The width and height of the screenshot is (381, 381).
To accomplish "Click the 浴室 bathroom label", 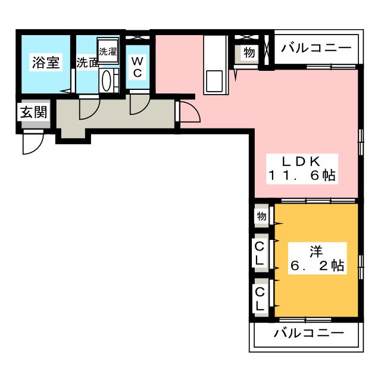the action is point(46,62).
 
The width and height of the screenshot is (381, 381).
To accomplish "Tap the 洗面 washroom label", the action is point(88,63).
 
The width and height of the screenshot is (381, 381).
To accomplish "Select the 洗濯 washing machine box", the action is point(108,51).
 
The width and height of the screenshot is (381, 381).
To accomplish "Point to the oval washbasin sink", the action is point(107,81).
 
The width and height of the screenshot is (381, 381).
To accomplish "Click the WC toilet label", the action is point(138,66).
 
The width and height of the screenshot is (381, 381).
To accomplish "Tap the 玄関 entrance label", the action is point(33,113).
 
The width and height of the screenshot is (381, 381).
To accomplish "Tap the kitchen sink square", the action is point(214,81).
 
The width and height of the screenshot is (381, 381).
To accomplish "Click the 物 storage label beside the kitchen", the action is point(249,52).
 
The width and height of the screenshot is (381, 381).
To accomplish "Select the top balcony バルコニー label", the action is point(316,48).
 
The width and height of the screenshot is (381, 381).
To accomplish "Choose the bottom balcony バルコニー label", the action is point(309,333).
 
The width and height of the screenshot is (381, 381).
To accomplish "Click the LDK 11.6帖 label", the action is point(302,168).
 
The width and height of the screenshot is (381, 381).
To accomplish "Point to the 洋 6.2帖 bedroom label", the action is point(317,258).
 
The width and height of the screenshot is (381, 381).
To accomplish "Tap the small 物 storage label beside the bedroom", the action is point(261,216).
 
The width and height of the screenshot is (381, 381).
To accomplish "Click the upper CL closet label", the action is point(260,254).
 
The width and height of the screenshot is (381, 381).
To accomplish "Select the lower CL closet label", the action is point(260,299).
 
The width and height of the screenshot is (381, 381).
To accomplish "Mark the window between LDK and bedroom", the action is point(318,201).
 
